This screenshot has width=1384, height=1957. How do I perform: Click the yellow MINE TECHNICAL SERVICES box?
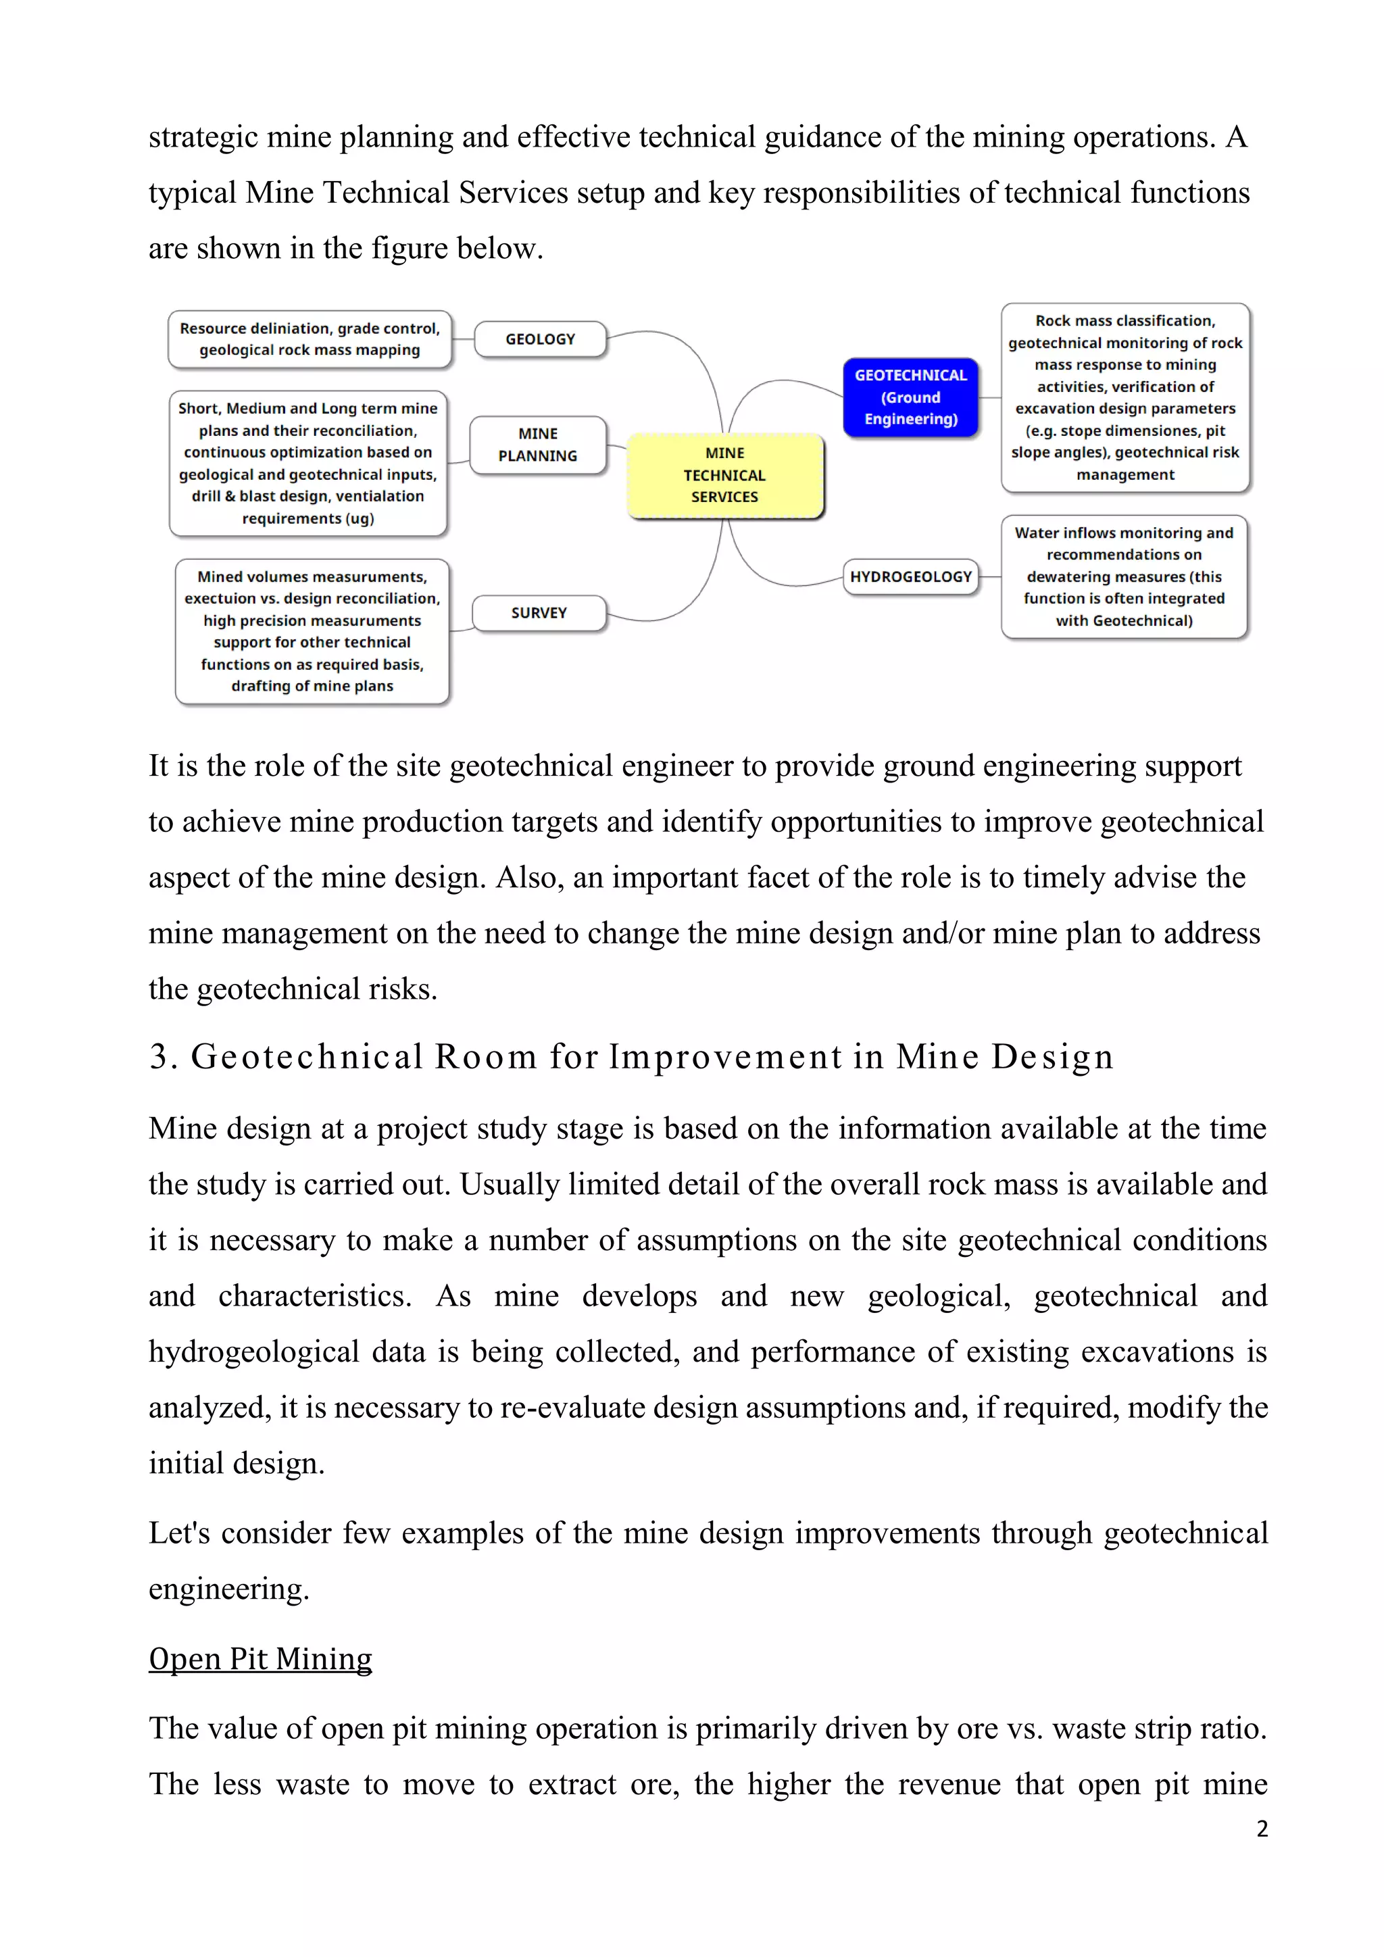pyautogui.click(x=724, y=476)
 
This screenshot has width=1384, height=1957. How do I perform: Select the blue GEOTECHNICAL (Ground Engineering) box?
pyautogui.click(x=910, y=397)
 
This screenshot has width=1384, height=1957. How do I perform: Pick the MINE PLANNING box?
pyautogui.click(x=538, y=445)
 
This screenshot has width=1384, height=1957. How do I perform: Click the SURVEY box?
pyautogui.click(x=539, y=613)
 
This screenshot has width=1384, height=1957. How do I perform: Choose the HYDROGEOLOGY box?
pyautogui.click(x=910, y=577)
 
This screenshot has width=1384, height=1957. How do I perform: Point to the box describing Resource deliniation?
pyautogui.click(x=310, y=339)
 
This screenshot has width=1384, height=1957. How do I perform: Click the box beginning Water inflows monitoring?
pyautogui.click(x=1123, y=577)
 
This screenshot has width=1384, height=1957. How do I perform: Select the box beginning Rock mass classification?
pyautogui.click(x=1125, y=397)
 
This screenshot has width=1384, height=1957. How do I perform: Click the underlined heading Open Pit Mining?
pyautogui.click(x=260, y=1659)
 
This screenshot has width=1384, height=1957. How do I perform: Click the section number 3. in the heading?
pyautogui.click(x=163, y=1057)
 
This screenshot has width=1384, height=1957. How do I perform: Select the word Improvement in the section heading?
pyautogui.click(x=725, y=1057)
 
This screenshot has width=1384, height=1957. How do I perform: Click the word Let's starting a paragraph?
pyautogui.click(x=179, y=1533)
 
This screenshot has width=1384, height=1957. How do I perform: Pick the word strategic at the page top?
pyautogui.click(x=203, y=138)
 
